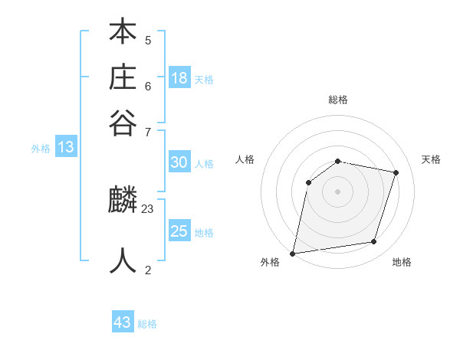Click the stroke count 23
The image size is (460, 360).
tap(148, 208)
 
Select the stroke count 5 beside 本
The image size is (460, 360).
tap(148, 40)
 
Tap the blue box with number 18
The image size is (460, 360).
tap(179, 77)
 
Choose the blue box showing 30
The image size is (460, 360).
tap(179, 162)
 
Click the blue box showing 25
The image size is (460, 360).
tap(179, 231)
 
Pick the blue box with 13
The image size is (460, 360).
tap(66, 147)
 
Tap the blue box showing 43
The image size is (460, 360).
tap(123, 322)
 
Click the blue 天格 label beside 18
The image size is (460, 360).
tap(204, 79)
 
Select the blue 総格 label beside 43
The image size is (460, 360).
tap(147, 324)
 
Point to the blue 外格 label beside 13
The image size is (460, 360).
tap(41, 149)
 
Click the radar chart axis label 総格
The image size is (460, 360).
tap(338, 100)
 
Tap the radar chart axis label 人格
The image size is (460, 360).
tap(245, 159)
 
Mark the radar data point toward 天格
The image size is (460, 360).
tap(396, 172)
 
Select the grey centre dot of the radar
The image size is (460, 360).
tap(338, 191)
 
